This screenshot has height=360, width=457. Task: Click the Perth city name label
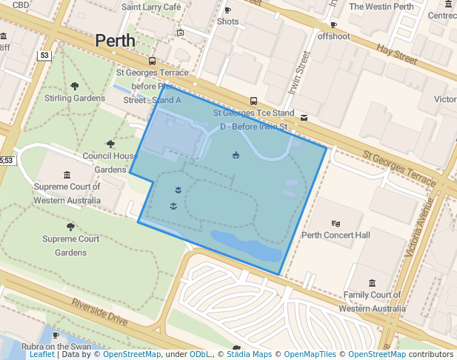tap(116, 41)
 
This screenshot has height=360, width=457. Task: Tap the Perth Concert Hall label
tap(336, 236)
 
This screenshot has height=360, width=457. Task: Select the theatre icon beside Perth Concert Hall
tap(336, 223)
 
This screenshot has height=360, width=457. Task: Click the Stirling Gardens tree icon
tap(74, 86)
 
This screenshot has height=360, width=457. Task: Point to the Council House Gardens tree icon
tap(110, 144)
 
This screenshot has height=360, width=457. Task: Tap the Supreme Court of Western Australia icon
tap(67, 176)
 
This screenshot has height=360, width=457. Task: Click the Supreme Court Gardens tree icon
tap(70, 227)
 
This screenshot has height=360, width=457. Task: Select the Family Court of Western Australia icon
tap(371, 283)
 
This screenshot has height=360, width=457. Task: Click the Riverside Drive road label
tap(99, 313)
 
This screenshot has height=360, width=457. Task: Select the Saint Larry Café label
tap(151, 7)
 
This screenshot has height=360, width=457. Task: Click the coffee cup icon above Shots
tap(227, 10)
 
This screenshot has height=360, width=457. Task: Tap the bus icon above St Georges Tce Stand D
tap(253, 101)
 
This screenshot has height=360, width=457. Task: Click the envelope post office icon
tap(304, 117)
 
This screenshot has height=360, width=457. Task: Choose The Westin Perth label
tap(381, 7)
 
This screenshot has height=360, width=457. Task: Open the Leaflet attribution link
tap(41, 355)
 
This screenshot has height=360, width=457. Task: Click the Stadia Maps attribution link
tap(248, 355)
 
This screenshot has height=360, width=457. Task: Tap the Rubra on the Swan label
tap(56, 346)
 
